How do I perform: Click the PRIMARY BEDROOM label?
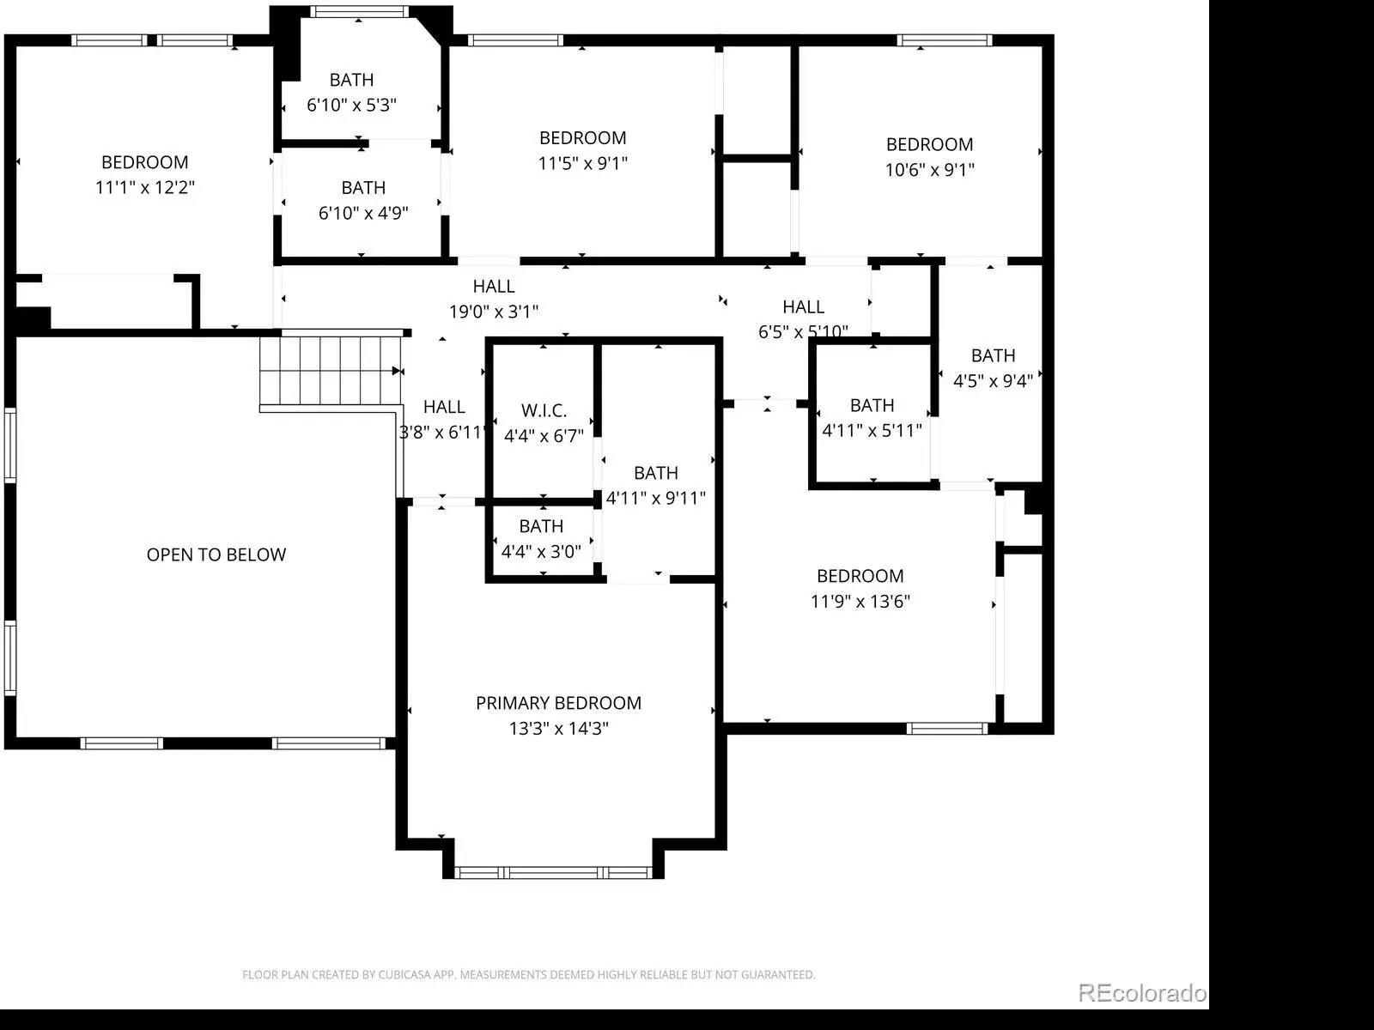pyautogui.click(x=558, y=703)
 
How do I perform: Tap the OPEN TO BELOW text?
pyautogui.click(x=216, y=554)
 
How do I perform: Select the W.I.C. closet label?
pyautogui.click(x=544, y=410)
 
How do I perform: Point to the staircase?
pyautogui.click(x=331, y=371)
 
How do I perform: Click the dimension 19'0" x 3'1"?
pyautogui.click(x=494, y=311)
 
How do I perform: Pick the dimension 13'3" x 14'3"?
pyautogui.click(x=558, y=728)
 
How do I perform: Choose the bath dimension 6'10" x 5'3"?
pyautogui.click(x=351, y=105)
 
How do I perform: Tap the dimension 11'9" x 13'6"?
pyautogui.click(x=860, y=601)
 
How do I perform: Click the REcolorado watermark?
pyautogui.click(x=1142, y=992)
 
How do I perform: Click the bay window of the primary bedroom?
pyautogui.click(x=553, y=872)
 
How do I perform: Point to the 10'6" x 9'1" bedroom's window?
pyautogui.click(x=944, y=40)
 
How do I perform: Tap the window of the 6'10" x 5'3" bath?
pyautogui.click(x=359, y=11)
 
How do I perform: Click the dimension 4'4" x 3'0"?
pyautogui.click(x=541, y=551)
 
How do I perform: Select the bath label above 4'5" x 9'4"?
pyautogui.click(x=993, y=355)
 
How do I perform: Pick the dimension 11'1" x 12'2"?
pyautogui.click(x=144, y=187)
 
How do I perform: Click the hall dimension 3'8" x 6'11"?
pyautogui.click(x=443, y=432)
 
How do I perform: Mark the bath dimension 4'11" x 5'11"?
pyautogui.click(x=872, y=430)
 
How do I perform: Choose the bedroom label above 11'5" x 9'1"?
pyautogui.click(x=583, y=137)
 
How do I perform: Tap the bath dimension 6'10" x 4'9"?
pyautogui.click(x=363, y=213)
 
